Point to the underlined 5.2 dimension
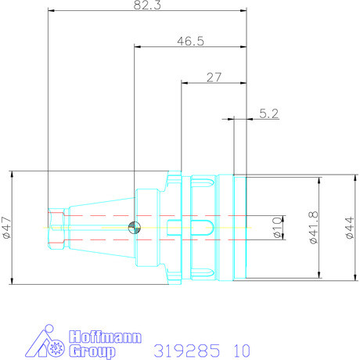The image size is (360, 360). [269, 113]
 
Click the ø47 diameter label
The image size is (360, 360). [7, 228]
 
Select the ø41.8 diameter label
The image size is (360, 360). [311, 228]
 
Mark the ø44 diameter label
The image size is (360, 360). [349, 228]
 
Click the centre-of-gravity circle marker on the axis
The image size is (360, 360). [134, 228]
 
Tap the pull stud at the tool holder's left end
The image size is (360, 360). [55, 228]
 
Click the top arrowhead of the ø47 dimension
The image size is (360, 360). [13, 174]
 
